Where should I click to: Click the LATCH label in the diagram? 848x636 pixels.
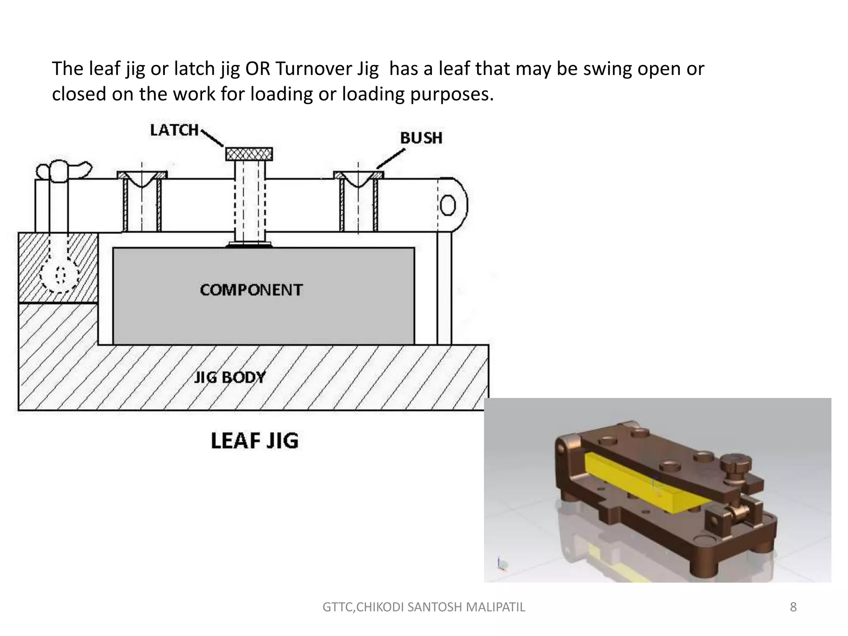(x=174, y=130)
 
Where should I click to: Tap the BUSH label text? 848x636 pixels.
(x=421, y=138)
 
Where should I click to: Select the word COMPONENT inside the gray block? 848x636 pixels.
(x=251, y=290)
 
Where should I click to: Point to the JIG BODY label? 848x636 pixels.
(x=230, y=377)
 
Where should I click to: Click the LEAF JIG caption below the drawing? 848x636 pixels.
(x=254, y=441)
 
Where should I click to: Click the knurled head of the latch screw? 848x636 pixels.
(x=249, y=154)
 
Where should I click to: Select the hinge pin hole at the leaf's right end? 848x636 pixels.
(x=448, y=205)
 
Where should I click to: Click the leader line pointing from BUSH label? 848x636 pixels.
(x=391, y=159)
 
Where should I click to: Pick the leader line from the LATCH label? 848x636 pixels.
(x=212, y=138)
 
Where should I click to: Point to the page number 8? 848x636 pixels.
(x=793, y=607)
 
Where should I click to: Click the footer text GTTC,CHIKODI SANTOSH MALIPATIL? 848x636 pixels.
(x=424, y=607)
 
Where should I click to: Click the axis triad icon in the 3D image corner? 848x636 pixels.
(x=502, y=564)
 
